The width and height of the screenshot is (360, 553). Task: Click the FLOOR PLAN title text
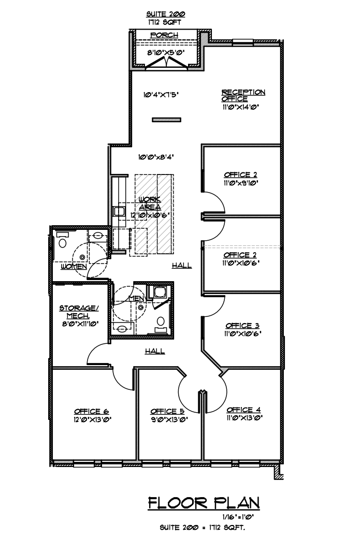[204, 503]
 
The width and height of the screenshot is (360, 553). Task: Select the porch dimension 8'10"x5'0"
[164, 52]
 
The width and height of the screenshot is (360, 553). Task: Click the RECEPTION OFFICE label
[243, 95]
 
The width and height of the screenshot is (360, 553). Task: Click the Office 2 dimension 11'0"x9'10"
[241, 183]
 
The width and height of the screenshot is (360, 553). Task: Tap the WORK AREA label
[150, 203]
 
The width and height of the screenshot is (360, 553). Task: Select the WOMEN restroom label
[74, 266]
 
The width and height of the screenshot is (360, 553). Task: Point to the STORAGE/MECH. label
[76, 311]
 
